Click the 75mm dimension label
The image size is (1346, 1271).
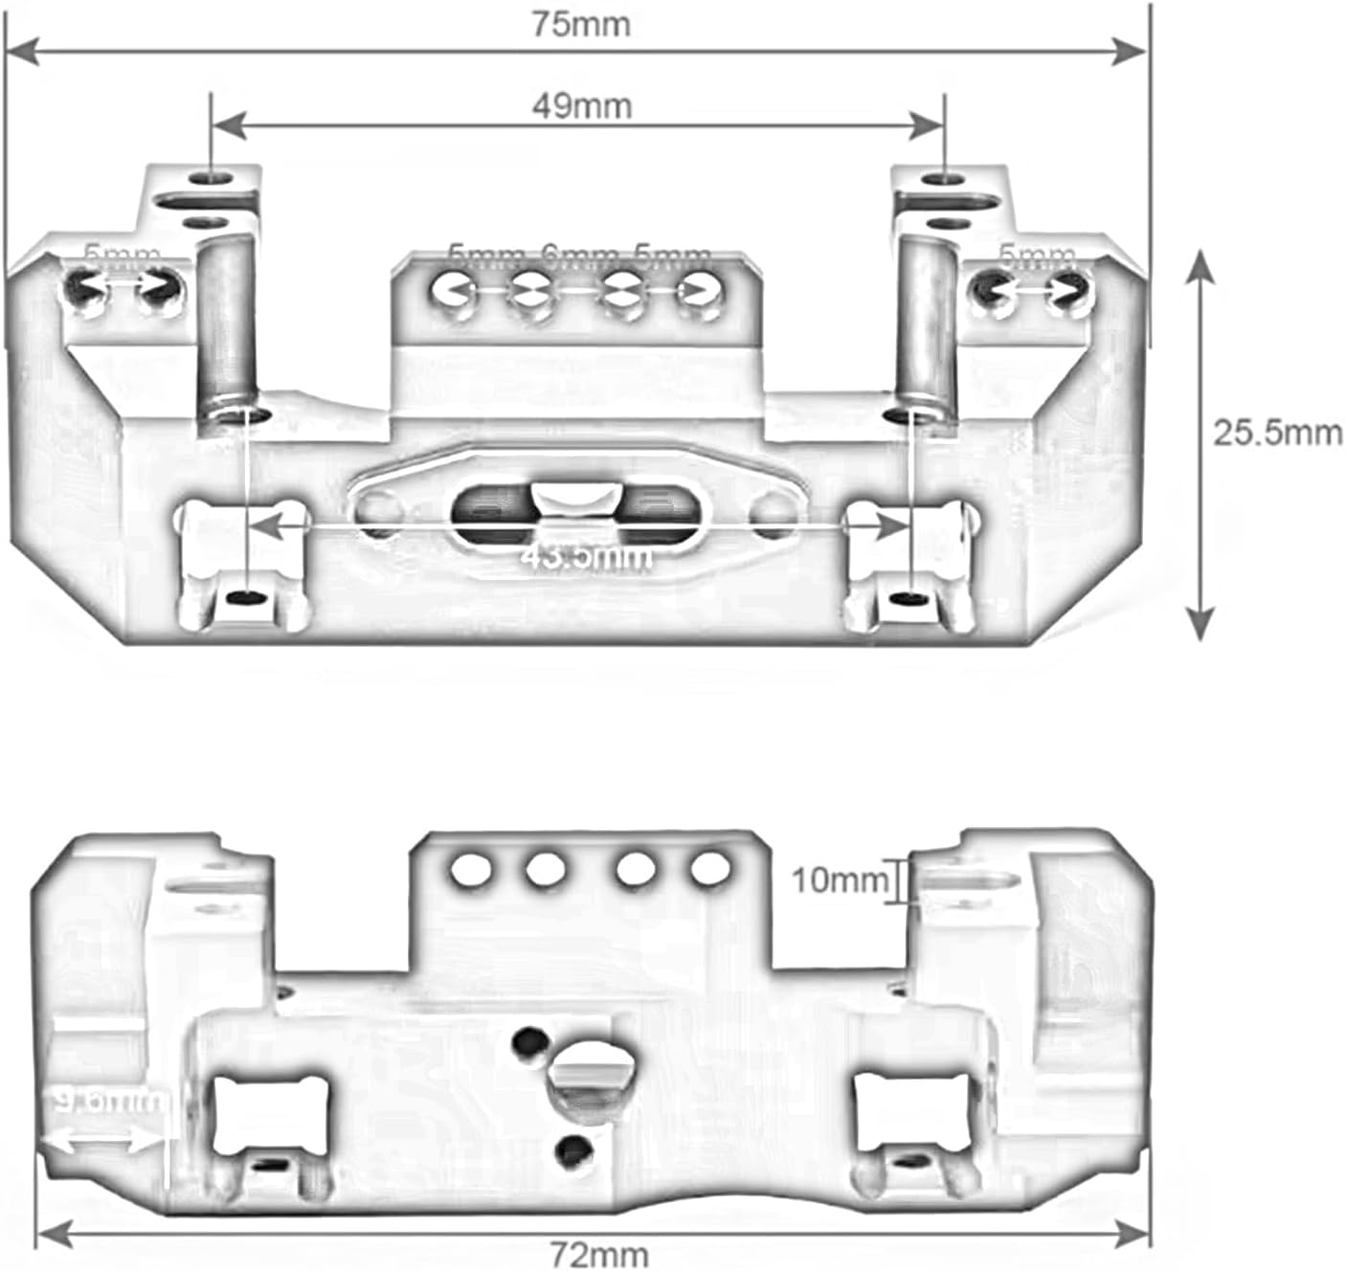(x=581, y=25)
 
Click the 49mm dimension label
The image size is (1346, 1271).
(x=581, y=105)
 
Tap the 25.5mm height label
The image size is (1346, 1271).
(x=1277, y=433)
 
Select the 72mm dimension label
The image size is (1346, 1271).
(x=599, y=1253)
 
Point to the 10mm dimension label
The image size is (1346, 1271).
(x=840, y=880)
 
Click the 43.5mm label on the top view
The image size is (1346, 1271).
(x=586, y=556)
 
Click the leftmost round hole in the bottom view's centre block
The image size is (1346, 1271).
(x=471, y=869)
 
